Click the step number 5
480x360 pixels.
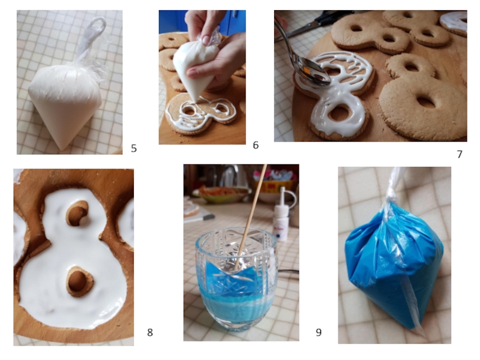pos(134,148)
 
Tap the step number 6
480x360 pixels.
pos(256,145)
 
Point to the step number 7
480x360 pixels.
pos(459,154)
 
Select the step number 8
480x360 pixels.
pos(149,332)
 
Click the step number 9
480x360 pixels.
pos(319,332)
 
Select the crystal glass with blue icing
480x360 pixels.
pos(236,280)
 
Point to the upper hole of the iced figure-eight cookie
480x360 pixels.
pos(77,214)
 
